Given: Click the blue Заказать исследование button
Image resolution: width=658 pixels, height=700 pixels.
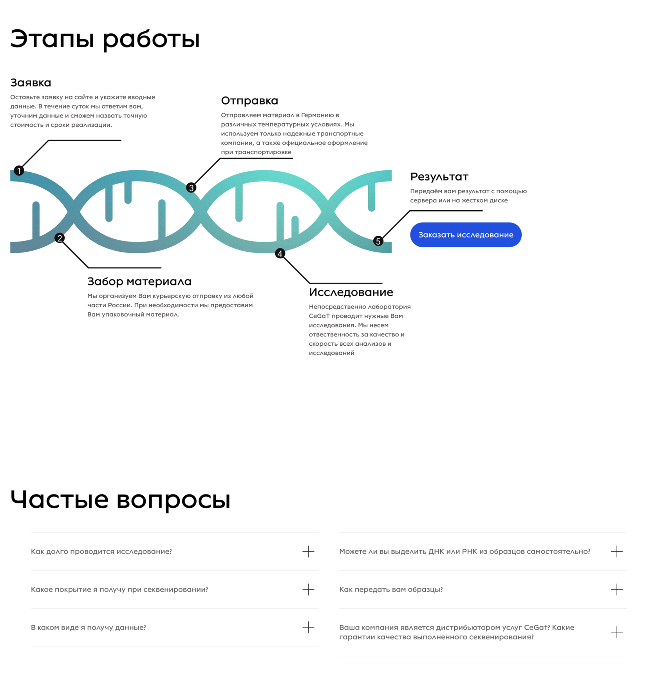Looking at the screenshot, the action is click(466, 235).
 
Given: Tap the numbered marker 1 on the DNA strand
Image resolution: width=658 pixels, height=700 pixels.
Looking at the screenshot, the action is click(19, 171).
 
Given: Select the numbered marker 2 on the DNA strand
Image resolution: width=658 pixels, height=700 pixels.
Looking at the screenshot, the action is click(60, 238).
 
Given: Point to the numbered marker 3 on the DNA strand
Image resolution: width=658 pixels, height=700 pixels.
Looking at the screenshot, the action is click(191, 188).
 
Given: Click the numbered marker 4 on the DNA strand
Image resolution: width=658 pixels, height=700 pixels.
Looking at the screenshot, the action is click(280, 254).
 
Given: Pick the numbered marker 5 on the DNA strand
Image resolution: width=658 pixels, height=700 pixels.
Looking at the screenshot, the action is click(378, 241).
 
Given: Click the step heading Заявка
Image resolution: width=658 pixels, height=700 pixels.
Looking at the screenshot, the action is click(31, 83).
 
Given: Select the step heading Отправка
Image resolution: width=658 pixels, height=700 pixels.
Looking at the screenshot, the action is click(249, 101).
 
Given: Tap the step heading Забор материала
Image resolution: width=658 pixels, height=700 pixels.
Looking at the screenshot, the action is click(139, 281).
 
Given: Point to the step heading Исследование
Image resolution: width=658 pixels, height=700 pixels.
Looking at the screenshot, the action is click(351, 292).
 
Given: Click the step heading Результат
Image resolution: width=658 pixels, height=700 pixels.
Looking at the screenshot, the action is click(439, 177).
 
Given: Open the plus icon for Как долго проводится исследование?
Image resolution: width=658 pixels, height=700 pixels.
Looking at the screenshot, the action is click(308, 551).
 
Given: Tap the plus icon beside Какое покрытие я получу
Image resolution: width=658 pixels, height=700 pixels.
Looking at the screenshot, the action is click(308, 589).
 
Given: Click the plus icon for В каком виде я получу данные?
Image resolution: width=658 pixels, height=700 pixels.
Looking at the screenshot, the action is click(308, 627).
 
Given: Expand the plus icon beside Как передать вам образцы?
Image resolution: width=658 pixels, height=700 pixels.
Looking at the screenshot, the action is click(616, 589).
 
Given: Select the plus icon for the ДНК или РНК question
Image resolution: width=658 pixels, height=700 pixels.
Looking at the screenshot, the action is click(616, 551).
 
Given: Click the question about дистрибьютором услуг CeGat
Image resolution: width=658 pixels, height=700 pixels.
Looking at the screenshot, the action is click(456, 632).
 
